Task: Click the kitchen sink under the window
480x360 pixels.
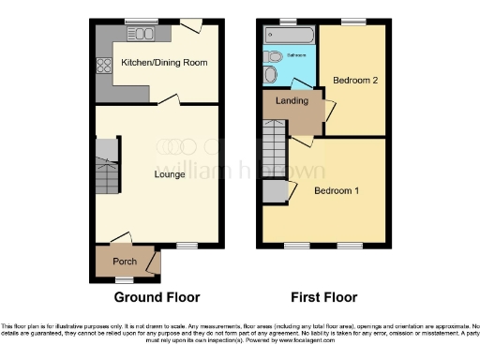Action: tap(142, 35)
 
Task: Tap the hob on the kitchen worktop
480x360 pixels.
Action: tap(102, 67)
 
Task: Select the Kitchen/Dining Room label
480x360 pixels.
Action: tap(164, 64)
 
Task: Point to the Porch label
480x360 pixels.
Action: tap(125, 261)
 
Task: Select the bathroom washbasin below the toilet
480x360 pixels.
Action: tap(271, 75)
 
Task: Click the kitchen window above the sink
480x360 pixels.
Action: tap(142, 22)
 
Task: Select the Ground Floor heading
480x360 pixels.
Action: tap(157, 298)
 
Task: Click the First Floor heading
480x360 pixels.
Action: tap(322, 298)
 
